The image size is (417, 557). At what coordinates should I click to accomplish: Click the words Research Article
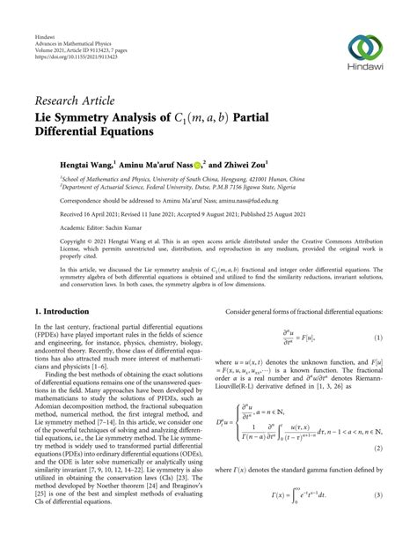tap(77, 100)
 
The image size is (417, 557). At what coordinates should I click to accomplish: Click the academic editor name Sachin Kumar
tap(110, 227)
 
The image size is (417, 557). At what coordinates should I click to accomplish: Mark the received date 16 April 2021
tap(88, 213)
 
